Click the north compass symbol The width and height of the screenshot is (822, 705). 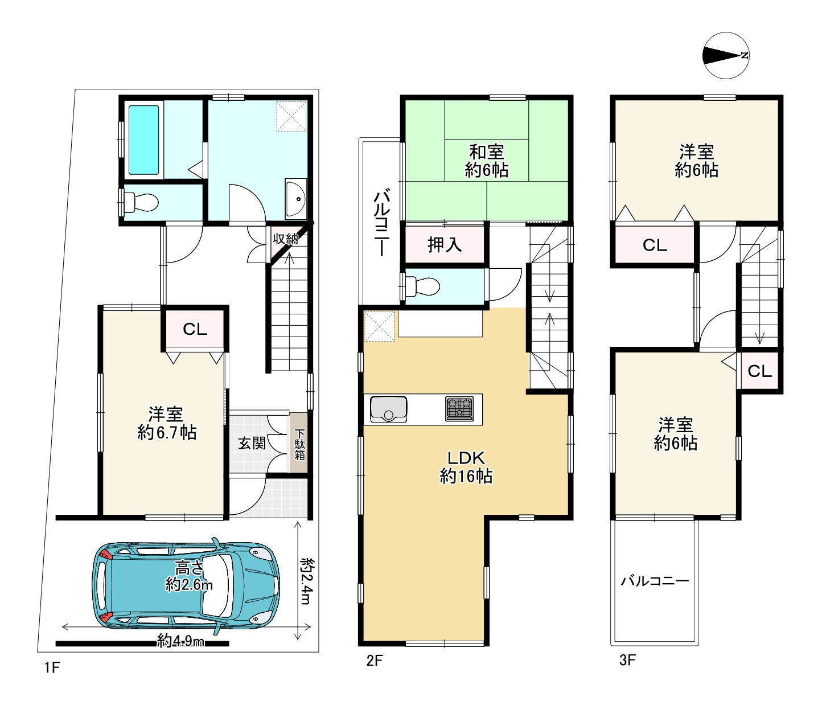click(x=726, y=55)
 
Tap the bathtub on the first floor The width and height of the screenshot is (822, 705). click(x=143, y=140)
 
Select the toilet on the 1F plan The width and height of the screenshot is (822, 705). click(x=141, y=202)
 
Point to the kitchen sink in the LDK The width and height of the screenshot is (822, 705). click(x=389, y=409)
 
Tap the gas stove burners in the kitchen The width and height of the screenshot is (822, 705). click(x=459, y=409)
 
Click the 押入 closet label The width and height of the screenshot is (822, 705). click(x=445, y=244)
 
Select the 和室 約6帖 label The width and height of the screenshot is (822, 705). click(x=486, y=161)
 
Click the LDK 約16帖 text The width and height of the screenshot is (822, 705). click(x=466, y=467)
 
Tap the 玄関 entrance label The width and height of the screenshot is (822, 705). click(x=252, y=443)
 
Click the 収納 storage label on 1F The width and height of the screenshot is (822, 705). click(x=286, y=239)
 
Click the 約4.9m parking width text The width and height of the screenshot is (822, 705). click(x=180, y=641)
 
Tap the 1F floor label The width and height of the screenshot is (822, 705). click(x=52, y=667)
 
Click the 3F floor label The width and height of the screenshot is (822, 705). click(x=627, y=660)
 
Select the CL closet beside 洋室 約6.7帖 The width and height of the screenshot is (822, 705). click(x=195, y=329)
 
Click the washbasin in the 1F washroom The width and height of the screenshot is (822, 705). click(x=296, y=199)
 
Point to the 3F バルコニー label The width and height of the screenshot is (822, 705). click(x=655, y=581)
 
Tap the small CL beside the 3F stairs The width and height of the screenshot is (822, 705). click(x=759, y=371)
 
